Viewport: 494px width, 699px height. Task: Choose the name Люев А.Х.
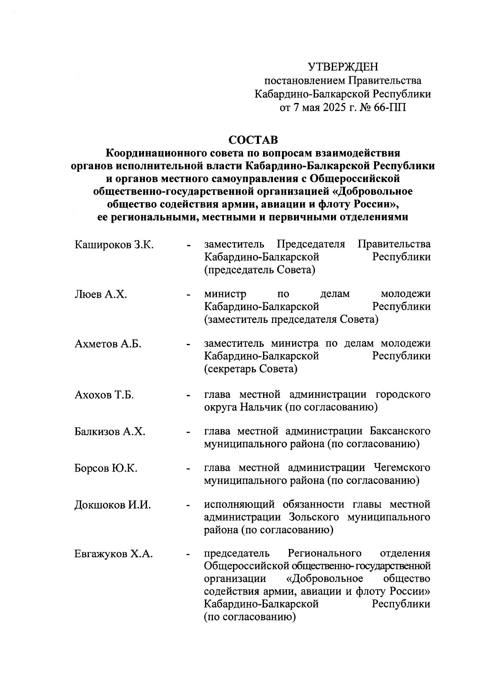[100, 295]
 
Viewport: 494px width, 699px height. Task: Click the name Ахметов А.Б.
[108, 344]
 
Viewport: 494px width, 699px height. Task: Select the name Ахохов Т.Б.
[104, 395]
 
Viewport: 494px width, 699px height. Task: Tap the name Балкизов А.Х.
[110, 432]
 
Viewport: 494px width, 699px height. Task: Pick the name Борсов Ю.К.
[106, 469]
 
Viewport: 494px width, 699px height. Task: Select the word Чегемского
[402, 468]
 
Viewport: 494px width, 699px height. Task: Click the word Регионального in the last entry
[325, 553]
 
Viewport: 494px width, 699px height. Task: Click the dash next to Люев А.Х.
[189, 295]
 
